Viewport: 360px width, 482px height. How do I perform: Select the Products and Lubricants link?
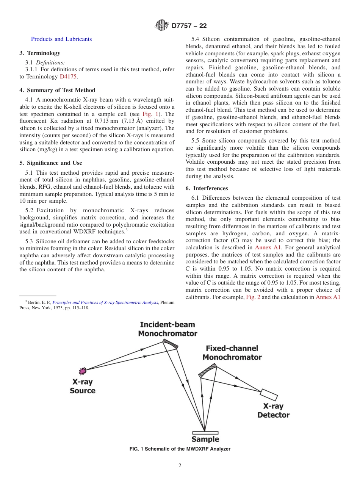[x=61, y=39]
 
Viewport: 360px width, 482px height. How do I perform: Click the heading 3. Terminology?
[x=40, y=53]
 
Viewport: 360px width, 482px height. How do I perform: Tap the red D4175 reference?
[x=68, y=77]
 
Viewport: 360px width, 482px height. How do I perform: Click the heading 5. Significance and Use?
[x=51, y=163]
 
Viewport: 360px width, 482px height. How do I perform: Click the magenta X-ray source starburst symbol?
[x=82, y=371]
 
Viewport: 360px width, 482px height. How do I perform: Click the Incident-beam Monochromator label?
[x=167, y=329]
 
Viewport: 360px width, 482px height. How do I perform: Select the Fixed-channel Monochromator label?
[x=232, y=352]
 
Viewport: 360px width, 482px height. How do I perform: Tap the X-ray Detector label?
[x=273, y=410]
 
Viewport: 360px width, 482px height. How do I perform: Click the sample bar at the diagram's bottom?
[x=205, y=433]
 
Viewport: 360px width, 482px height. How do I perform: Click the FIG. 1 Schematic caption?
[x=180, y=449]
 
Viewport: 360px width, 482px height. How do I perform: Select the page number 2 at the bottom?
[x=180, y=466]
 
